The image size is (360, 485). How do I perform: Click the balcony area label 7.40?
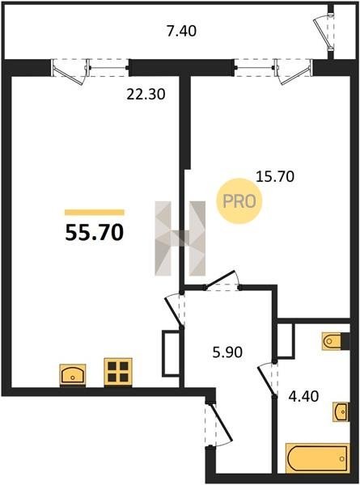[181, 32]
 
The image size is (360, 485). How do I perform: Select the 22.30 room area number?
[146, 94]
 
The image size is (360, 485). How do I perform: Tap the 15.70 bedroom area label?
[275, 176]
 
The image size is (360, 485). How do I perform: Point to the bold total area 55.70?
[95, 232]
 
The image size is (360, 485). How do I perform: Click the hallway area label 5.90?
[227, 352]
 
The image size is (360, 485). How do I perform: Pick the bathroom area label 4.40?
[303, 396]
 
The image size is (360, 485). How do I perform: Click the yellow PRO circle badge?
[239, 201]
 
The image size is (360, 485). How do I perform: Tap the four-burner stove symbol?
[118, 372]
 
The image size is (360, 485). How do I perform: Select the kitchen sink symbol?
[73, 375]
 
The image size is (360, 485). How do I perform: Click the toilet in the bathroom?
[336, 341]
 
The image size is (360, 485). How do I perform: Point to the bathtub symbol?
[318, 458]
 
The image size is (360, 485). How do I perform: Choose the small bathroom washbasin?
[341, 411]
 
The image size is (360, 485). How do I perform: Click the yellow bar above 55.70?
[95, 212]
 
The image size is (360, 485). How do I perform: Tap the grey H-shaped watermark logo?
[180, 238]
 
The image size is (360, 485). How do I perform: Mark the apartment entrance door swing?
[218, 424]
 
